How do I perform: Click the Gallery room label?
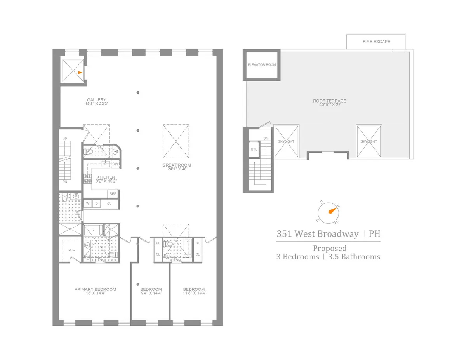click(97, 100)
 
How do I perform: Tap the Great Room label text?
click(176, 165)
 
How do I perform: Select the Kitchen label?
click(106, 177)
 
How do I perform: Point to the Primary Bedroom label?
click(95, 289)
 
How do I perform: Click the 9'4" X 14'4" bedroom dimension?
click(151, 294)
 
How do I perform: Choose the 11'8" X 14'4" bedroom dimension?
click(194, 294)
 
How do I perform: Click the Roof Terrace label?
click(329, 101)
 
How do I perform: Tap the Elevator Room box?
click(262, 65)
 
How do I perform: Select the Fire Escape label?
click(376, 42)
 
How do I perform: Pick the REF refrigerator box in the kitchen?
click(113, 193)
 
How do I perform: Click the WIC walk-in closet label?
click(71, 250)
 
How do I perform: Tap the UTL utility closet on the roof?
click(254, 149)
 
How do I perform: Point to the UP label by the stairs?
click(65, 139)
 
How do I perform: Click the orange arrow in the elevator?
click(80, 73)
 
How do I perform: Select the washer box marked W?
click(88, 203)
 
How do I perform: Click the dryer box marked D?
click(96, 203)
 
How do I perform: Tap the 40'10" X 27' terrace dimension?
click(329, 105)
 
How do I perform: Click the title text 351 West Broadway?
click(317, 234)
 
